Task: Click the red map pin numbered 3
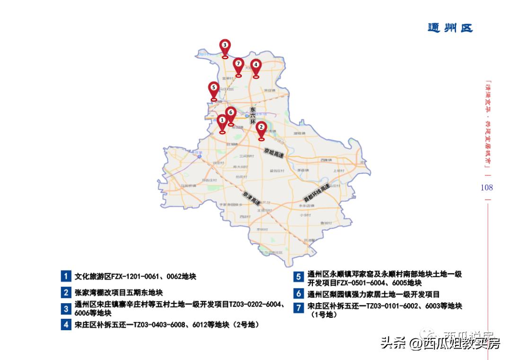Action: [225, 46]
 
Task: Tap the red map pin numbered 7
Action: [238, 64]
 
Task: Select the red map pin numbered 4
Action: [255, 65]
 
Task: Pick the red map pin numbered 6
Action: [230, 113]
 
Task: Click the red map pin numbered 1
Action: [222, 121]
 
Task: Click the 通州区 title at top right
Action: [450, 28]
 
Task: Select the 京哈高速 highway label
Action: [274, 153]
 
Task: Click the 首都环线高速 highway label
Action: [316, 192]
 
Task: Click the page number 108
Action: [486, 187]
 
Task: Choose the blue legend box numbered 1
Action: [66, 276]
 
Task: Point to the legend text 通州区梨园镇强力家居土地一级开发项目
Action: [373, 294]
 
